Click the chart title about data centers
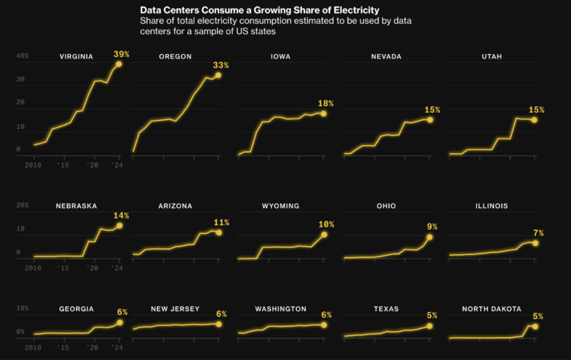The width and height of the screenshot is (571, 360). tap(259, 10)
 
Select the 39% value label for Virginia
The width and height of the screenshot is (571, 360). tap(121, 54)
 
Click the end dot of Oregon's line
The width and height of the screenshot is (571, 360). tap(218, 76)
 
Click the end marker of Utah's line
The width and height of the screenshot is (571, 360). tap(534, 119)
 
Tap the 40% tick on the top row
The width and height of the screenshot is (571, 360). tap(23, 56)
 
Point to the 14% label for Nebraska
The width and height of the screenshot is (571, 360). tap(121, 216)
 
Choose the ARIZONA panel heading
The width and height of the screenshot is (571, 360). tap(176, 206)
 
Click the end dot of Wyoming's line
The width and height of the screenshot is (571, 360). tap(324, 234)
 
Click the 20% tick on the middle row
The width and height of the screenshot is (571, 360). tap(23, 205)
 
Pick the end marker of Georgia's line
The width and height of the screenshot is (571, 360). tap(119, 323)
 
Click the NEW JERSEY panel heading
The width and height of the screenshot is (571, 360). tap(176, 309)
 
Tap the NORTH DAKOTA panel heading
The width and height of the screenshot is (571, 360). tap(492, 309)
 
